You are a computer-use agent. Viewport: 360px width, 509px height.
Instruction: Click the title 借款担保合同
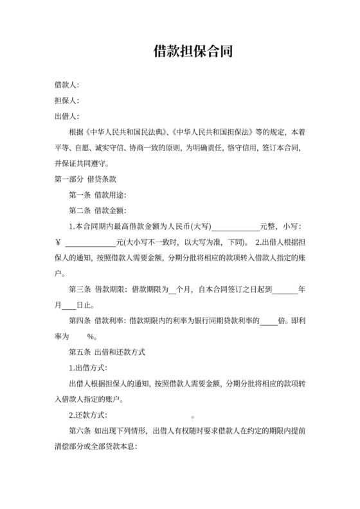[179, 51]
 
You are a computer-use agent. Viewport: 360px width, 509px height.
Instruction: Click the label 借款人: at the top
[66, 85]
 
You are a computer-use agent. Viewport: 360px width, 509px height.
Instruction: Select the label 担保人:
[66, 100]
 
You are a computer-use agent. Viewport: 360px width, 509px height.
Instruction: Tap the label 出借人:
[66, 116]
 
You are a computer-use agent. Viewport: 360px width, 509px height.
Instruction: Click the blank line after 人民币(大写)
[235, 226]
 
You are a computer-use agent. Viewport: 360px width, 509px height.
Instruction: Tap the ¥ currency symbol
[58, 242]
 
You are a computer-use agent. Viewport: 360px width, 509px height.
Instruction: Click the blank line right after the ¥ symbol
[91, 242]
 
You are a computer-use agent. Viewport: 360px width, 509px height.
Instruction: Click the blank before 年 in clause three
[285, 289]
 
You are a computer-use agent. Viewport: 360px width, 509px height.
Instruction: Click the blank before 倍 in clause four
[268, 321]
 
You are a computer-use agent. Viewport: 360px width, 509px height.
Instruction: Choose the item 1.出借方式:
[88, 368]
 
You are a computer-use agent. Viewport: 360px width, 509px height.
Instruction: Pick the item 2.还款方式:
[88, 415]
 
